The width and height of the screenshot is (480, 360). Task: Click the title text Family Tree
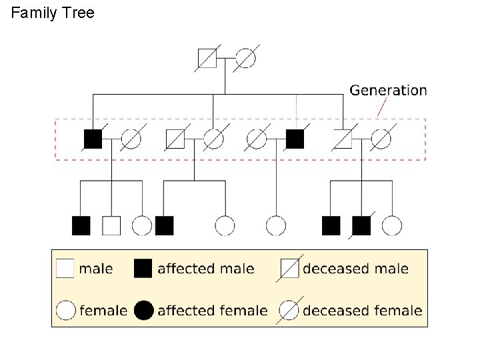pyautogui.click(x=53, y=13)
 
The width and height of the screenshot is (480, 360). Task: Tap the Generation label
pyautogui.click(x=388, y=90)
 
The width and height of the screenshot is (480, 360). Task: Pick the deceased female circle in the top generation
pyautogui.click(x=245, y=59)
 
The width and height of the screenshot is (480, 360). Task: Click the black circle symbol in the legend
pyautogui.click(x=143, y=310)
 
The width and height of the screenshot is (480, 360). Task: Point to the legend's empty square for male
pyautogui.click(x=65, y=269)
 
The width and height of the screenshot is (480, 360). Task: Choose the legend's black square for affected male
pyautogui.click(x=143, y=269)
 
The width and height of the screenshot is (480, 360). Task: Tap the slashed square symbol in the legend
pyautogui.click(x=290, y=269)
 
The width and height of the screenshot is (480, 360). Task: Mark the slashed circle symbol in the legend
pyautogui.click(x=290, y=310)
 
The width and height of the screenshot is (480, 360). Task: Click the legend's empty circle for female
pyautogui.click(x=65, y=310)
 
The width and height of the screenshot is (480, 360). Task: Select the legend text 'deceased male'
pyautogui.click(x=355, y=269)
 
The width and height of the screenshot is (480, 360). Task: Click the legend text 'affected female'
pyautogui.click(x=212, y=311)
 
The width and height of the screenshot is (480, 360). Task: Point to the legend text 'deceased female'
pyautogui.click(x=362, y=311)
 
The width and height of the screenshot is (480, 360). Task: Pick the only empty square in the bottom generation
pyautogui.click(x=111, y=225)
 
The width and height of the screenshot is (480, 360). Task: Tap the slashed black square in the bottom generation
pyautogui.click(x=361, y=225)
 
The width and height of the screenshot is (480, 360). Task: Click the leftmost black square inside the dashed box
pyautogui.click(x=93, y=138)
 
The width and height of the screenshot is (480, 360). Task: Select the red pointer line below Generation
pyautogui.click(x=383, y=107)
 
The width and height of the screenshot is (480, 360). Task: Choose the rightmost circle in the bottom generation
pyautogui.click(x=392, y=225)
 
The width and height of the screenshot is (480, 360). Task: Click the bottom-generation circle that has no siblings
pyautogui.click(x=275, y=225)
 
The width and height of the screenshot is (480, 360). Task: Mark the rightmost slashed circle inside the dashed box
pyautogui.click(x=381, y=138)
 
